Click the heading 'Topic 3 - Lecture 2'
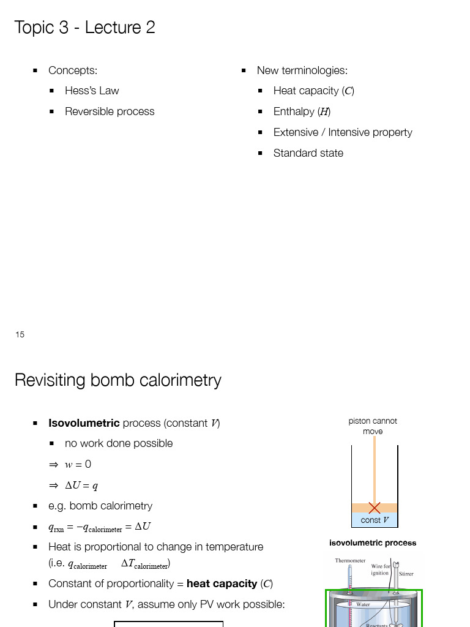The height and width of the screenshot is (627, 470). click(x=84, y=28)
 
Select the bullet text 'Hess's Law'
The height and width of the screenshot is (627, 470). click(x=92, y=91)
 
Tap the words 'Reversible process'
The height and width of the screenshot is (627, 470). click(x=110, y=111)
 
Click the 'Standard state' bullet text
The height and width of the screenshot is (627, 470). click(x=308, y=153)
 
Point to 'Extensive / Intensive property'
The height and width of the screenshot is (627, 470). click(x=343, y=132)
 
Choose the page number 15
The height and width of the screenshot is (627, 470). click(x=20, y=334)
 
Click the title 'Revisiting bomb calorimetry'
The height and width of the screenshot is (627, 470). click(x=118, y=380)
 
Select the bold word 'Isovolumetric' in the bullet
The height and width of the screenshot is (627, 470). click(x=84, y=423)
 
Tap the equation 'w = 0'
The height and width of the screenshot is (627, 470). click(x=78, y=464)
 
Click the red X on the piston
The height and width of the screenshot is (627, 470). click(x=375, y=508)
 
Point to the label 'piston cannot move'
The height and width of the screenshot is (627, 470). click(x=373, y=426)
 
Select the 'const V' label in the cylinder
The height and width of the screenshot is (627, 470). click(x=375, y=520)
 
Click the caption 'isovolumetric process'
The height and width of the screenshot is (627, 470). click(x=373, y=543)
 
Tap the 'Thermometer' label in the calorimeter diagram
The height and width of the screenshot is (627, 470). click(x=350, y=560)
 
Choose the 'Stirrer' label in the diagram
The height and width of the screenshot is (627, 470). click(x=406, y=574)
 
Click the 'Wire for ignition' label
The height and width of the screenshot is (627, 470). click(x=381, y=570)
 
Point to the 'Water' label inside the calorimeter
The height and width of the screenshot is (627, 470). click(x=363, y=604)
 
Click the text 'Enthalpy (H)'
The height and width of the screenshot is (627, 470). click(x=302, y=111)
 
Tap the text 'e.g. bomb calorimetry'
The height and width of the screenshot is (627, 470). click(x=100, y=506)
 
